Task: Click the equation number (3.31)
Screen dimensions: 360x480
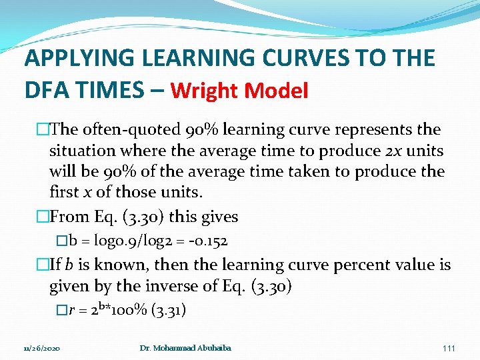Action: pyautogui.click(x=169, y=310)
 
